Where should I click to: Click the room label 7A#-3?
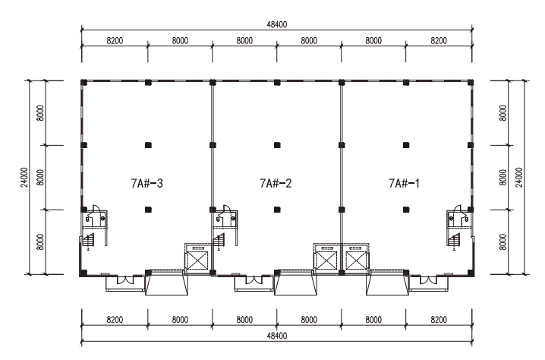pos(146,183)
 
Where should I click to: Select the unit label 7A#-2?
pos(276,183)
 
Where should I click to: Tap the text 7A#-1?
pos(404,183)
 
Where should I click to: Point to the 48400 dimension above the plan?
pos(277,24)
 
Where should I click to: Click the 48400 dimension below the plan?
pos(277,336)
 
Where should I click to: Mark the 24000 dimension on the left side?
pos(24,178)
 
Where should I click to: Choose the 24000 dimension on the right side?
pos(519,178)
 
